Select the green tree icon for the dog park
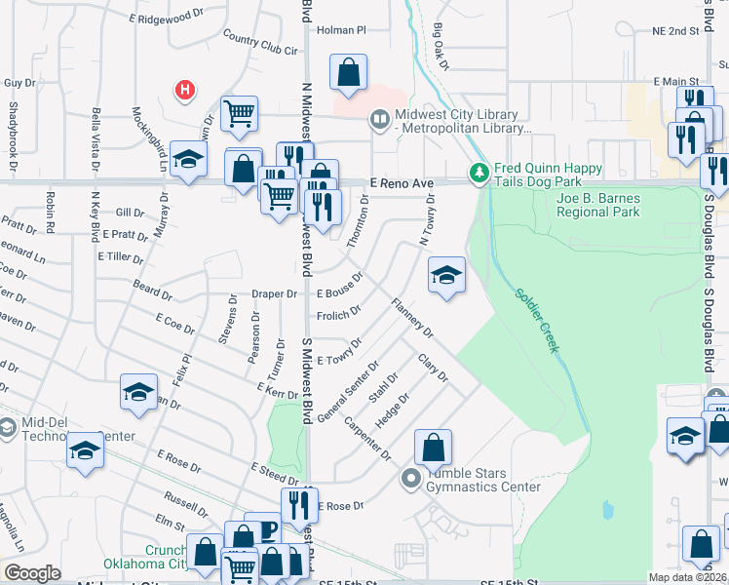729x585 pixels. coord(479,174)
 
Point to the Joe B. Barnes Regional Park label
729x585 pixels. coord(597,205)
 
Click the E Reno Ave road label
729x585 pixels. coord(401,182)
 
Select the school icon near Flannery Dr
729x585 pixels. coord(446,276)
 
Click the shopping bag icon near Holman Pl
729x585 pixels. coord(349,71)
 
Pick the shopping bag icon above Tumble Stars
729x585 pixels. coord(434,448)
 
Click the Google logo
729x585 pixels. coord(32,572)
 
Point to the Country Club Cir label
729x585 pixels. coord(258,43)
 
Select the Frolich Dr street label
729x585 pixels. coord(338,315)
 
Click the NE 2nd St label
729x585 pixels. coord(675,30)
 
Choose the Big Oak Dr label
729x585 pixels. coord(440,47)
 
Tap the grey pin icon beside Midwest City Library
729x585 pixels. coord(379,120)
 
